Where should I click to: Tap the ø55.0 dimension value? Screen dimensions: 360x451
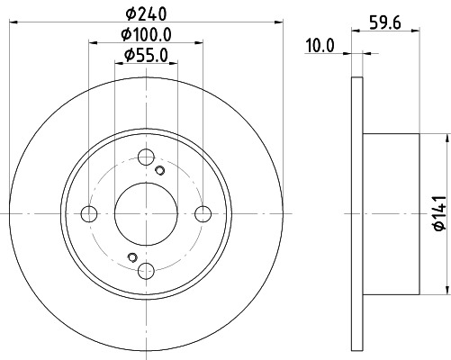click(x=146, y=58)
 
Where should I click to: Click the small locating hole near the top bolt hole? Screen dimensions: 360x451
click(x=160, y=170)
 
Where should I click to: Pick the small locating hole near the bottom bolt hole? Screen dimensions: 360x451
click(x=132, y=258)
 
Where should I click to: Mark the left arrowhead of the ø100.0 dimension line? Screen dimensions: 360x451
click(x=93, y=41)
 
